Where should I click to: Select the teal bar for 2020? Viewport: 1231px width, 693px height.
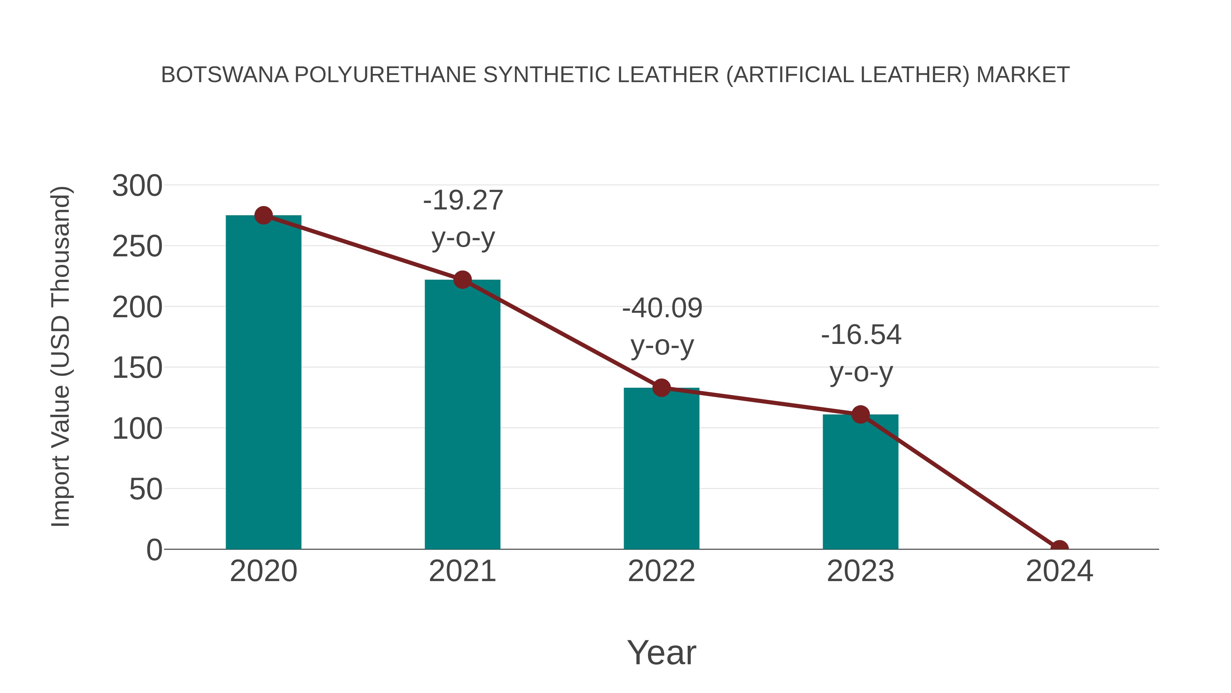point(263,383)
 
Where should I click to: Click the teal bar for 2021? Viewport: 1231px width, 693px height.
point(462,414)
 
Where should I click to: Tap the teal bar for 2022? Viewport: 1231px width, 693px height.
point(661,469)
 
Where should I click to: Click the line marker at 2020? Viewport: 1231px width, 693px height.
point(263,216)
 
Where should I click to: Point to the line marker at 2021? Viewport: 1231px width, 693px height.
point(462,280)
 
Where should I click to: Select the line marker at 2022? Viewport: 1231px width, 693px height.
point(661,388)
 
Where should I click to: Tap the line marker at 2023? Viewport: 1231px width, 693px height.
point(860,415)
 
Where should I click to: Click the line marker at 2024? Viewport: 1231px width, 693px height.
point(1059,548)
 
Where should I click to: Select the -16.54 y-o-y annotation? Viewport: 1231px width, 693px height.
point(861,354)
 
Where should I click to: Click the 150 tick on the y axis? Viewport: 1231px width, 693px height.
point(137,368)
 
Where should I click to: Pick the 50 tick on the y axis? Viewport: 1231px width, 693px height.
point(146,489)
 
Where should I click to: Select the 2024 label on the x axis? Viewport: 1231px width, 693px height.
point(1059,571)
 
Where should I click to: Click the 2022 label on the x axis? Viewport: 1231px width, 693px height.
point(661,571)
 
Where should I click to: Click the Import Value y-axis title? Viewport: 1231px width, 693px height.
point(61,357)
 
